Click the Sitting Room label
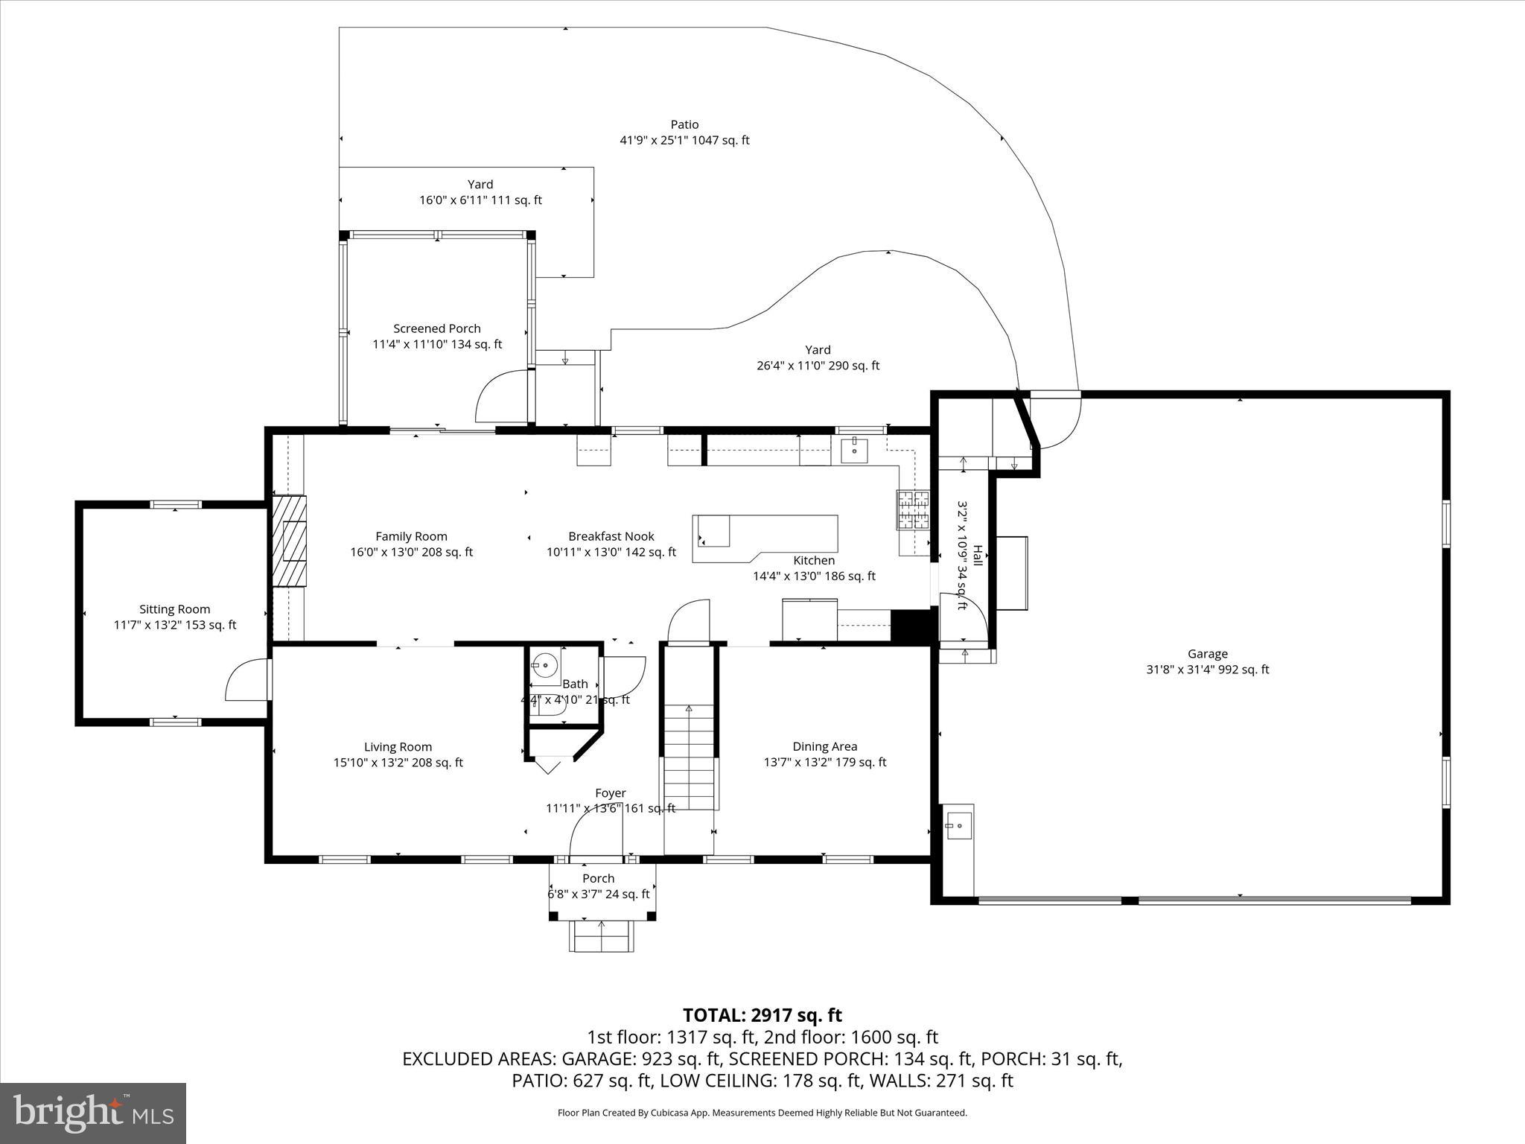pos(174,609)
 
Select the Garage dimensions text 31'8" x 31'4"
pos(1207,670)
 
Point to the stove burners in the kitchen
pos(913,510)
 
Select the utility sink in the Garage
pos(958,824)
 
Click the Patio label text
pos(684,124)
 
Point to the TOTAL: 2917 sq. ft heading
pos(762,1015)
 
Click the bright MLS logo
pos(93,1113)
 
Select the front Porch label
pos(598,879)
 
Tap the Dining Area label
pos(824,746)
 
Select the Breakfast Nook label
pos(611,536)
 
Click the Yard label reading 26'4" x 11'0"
pos(818,366)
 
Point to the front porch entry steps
pos(602,935)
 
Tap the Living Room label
pos(398,747)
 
